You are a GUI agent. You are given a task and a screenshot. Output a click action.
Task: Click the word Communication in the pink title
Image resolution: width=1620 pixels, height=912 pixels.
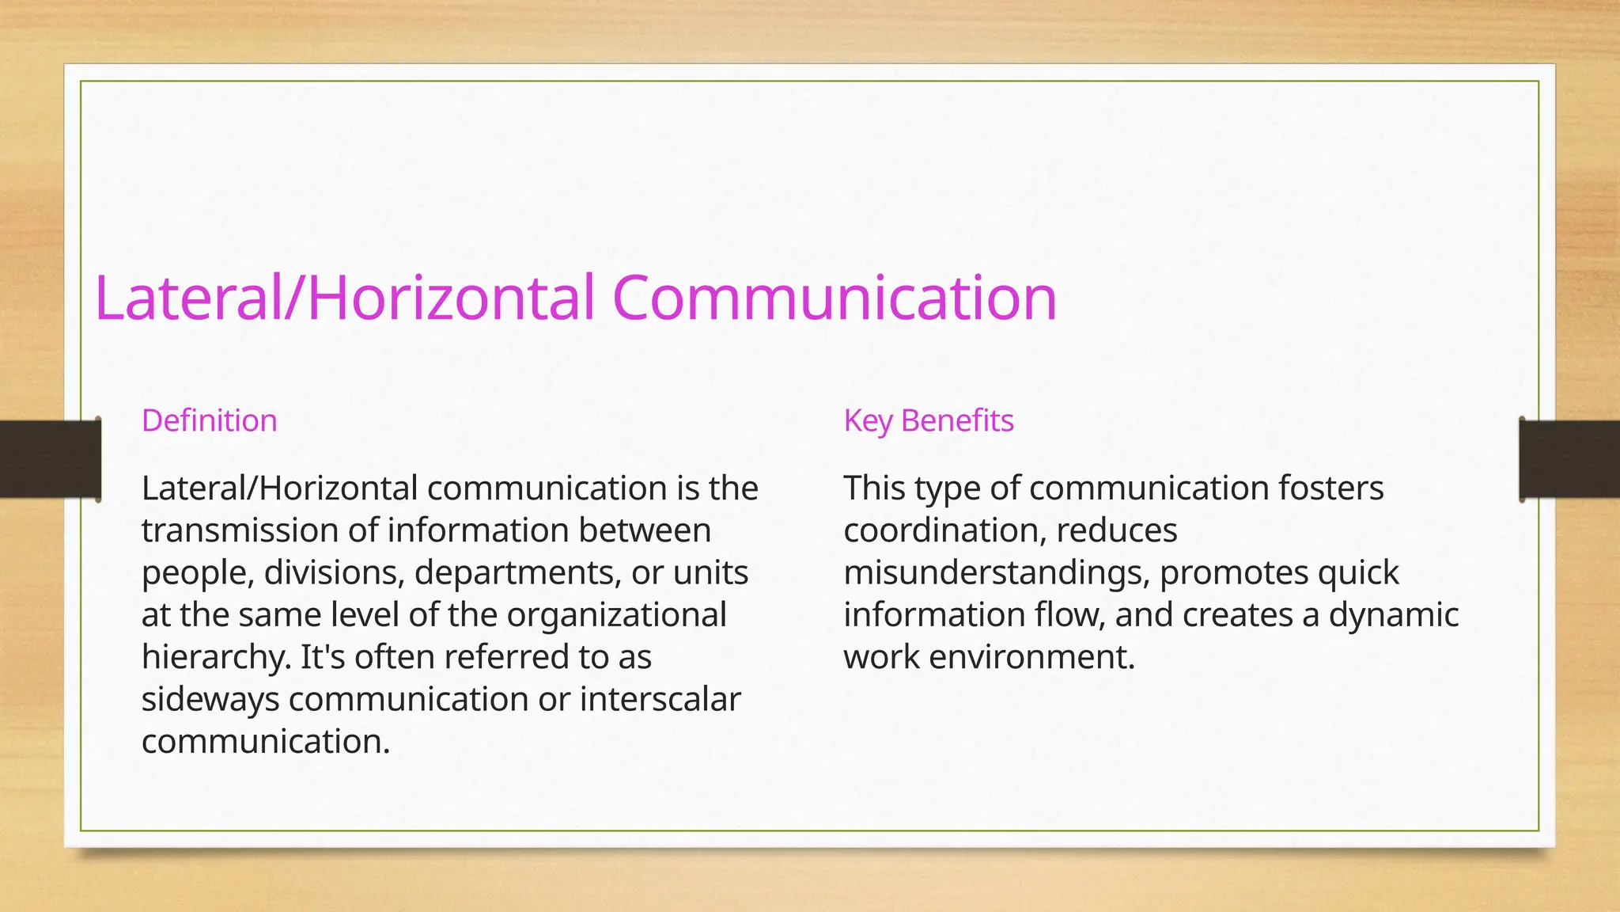[x=834, y=298]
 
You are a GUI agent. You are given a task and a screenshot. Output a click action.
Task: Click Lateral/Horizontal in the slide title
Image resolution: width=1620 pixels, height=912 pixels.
[x=344, y=298]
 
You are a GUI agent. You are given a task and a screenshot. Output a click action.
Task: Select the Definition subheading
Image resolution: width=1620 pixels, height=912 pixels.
[x=210, y=420]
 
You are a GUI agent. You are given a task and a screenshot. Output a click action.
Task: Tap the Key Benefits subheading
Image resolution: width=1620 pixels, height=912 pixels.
[x=929, y=420]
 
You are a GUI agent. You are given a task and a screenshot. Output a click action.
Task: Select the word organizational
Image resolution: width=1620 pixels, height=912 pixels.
[x=616, y=614]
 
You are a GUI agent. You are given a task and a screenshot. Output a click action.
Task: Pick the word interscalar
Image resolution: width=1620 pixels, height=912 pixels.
[x=660, y=699]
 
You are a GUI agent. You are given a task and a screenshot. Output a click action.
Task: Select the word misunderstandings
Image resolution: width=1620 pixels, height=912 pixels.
[x=997, y=572]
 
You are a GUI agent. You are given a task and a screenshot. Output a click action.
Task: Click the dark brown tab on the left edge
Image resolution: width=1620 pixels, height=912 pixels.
[x=49, y=459]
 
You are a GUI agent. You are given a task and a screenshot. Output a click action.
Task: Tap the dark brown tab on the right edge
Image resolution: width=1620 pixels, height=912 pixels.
[x=1569, y=459]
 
